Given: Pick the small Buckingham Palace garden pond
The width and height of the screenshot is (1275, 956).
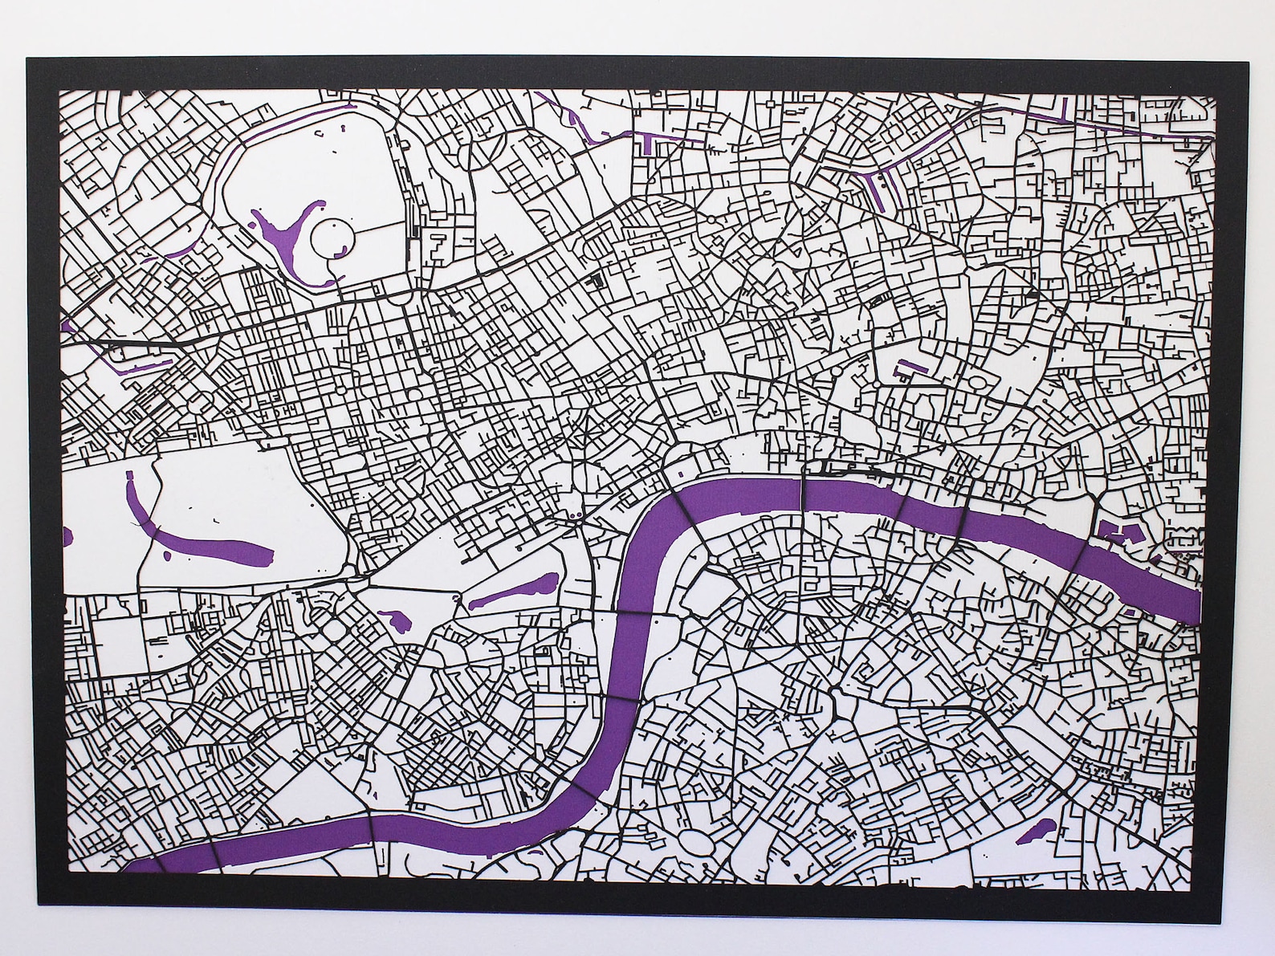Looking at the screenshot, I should point(393,619).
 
